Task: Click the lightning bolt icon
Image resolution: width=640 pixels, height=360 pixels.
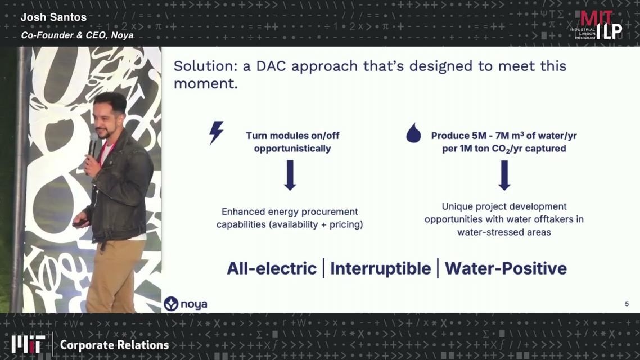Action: pos(216,132)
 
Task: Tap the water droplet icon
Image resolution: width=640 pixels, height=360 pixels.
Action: pos(413,133)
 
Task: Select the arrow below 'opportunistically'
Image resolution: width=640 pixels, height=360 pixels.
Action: pos(290,175)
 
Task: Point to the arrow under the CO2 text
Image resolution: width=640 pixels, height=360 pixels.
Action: pos(504,175)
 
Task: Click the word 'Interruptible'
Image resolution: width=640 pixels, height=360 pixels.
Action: pos(380,268)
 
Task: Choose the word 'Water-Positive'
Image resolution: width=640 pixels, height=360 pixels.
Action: pos(506,268)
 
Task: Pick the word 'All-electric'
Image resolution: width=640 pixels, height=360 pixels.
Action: pos(272,268)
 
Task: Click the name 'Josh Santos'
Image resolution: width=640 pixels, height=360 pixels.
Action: pos(53,17)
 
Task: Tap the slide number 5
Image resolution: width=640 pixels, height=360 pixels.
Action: pos(627,304)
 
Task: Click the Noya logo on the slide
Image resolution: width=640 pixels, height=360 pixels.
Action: pos(185,304)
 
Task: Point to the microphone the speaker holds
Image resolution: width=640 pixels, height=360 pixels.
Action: pos(93,145)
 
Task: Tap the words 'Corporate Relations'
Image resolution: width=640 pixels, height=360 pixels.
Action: pos(114,345)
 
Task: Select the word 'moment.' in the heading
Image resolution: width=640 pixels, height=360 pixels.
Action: pos(205,84)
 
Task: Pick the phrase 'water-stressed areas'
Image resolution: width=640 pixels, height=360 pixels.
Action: pos(504,232)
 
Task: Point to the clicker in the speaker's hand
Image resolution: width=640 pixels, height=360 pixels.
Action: pos(80,223)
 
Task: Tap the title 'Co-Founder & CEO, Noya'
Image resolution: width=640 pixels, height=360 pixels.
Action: pos(77,35)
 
